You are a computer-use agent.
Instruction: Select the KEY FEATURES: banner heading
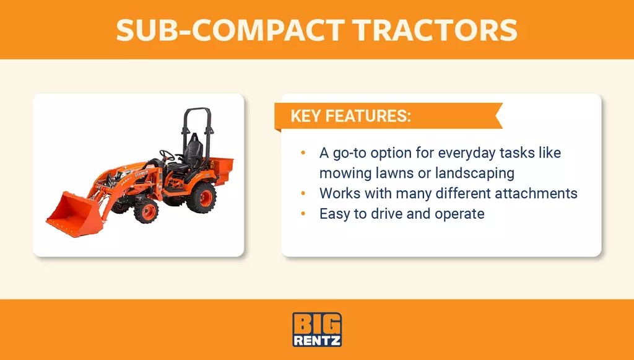(x=350, y=116)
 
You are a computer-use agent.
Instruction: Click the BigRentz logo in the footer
(x=316, y=330)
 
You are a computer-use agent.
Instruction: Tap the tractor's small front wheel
(x=146, y=211)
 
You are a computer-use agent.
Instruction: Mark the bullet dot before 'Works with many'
(x=303, y=193)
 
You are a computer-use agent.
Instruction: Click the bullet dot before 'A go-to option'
(x=303, y=152)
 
